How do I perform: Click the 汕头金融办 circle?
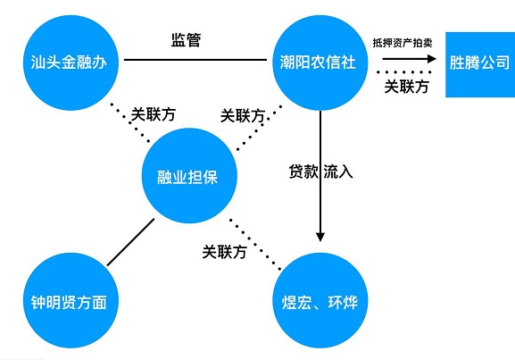click(x=71, y=63)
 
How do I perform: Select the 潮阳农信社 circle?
click(x=320, y=63)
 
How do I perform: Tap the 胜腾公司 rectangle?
click(x=480, y=64)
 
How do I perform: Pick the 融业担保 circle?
click(x=189, y=176)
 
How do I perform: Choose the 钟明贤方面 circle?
click(x=71, y=300)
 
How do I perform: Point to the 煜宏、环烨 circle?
click(x=320, y=300)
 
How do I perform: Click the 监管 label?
click(x=186, y=40)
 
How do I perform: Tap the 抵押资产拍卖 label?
click(x=403, y=43)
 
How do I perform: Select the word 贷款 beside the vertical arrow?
click(x=303, y=172)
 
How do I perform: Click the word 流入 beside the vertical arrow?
click(x=338, y=172)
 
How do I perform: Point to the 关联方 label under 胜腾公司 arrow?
click(x=407, y=87)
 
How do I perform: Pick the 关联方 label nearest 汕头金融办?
click(x=154, y=114)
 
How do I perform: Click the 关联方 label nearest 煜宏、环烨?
click(x=224, y=252)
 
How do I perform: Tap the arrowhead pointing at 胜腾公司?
click(x=432, y=59)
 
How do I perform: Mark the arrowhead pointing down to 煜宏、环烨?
click(x=320, y=237)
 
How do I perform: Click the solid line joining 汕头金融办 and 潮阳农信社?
click(x=195, y=60)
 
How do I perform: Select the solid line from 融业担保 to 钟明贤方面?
click(x=130, y=242)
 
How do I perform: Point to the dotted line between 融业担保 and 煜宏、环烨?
click(x=255, y=245)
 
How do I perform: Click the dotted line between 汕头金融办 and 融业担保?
click(x=130, y=123)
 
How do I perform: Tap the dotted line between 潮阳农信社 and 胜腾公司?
click(x=404, y=72)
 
